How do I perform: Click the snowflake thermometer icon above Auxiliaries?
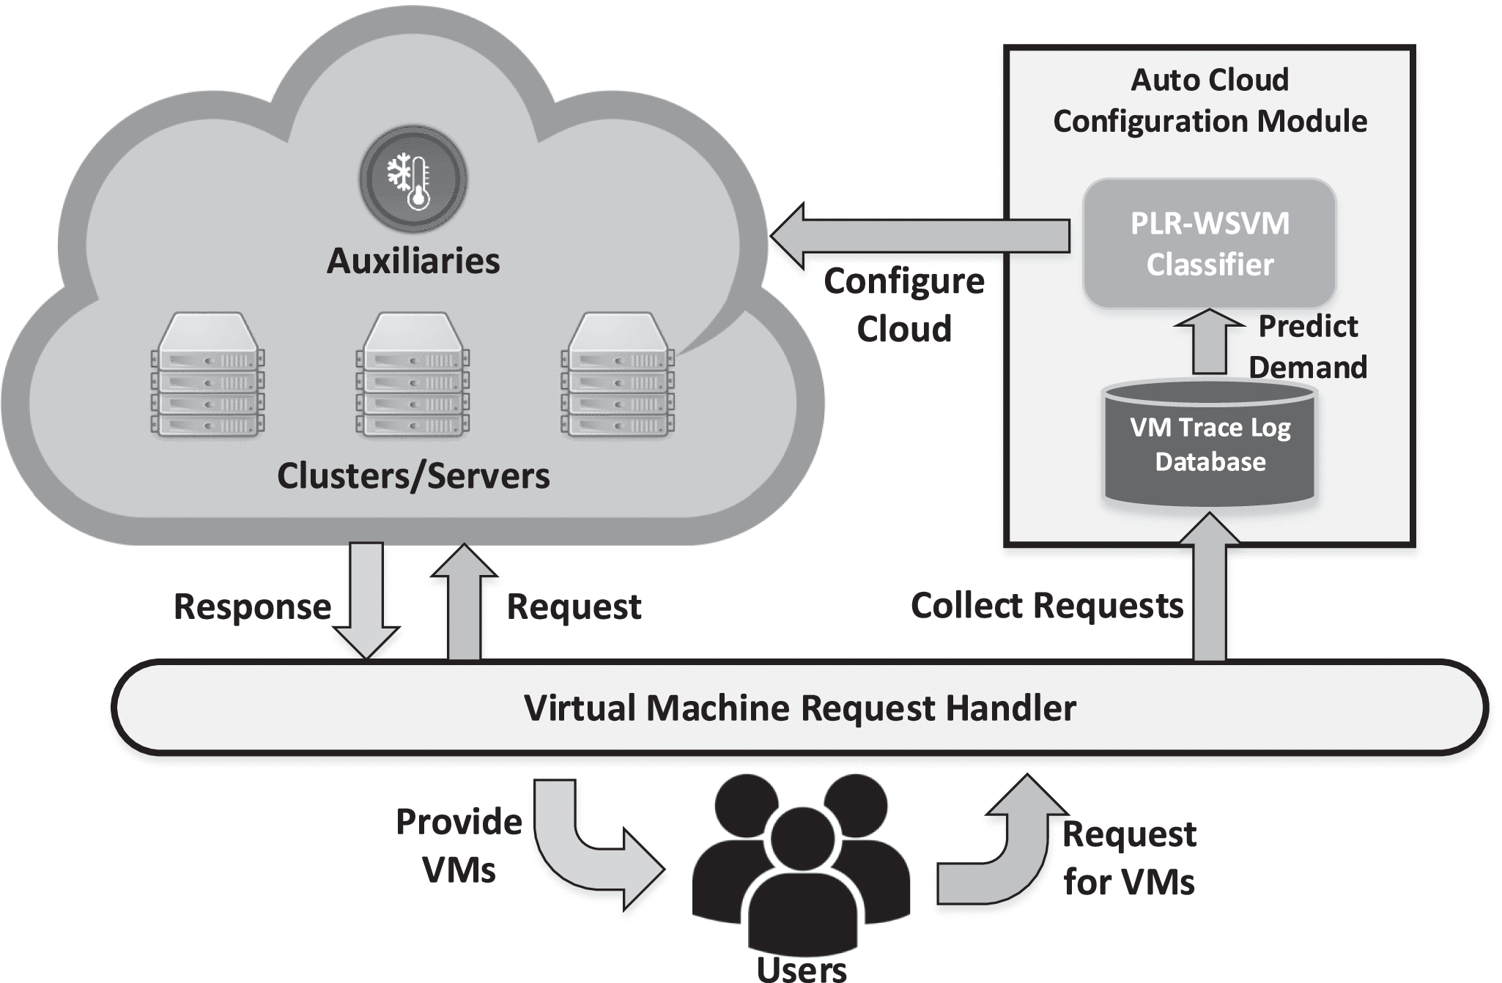tap(413, 178)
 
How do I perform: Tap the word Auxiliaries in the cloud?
tap(413, 261)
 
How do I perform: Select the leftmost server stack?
tap(208, 375)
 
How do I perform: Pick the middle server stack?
tap(413, 375)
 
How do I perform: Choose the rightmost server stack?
tap(618, 375)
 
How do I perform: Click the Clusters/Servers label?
tap(413, 476)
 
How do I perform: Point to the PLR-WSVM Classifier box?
tap(1210, 243)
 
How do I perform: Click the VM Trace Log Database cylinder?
tap(1210, 444)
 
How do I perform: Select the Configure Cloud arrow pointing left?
tap(916, 236)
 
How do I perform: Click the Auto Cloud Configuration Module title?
tap(1210, 100)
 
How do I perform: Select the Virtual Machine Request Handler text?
tap(800, 708)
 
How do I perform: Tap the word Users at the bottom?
tap(802, 968)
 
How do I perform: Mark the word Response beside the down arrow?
tap(252, 607)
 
